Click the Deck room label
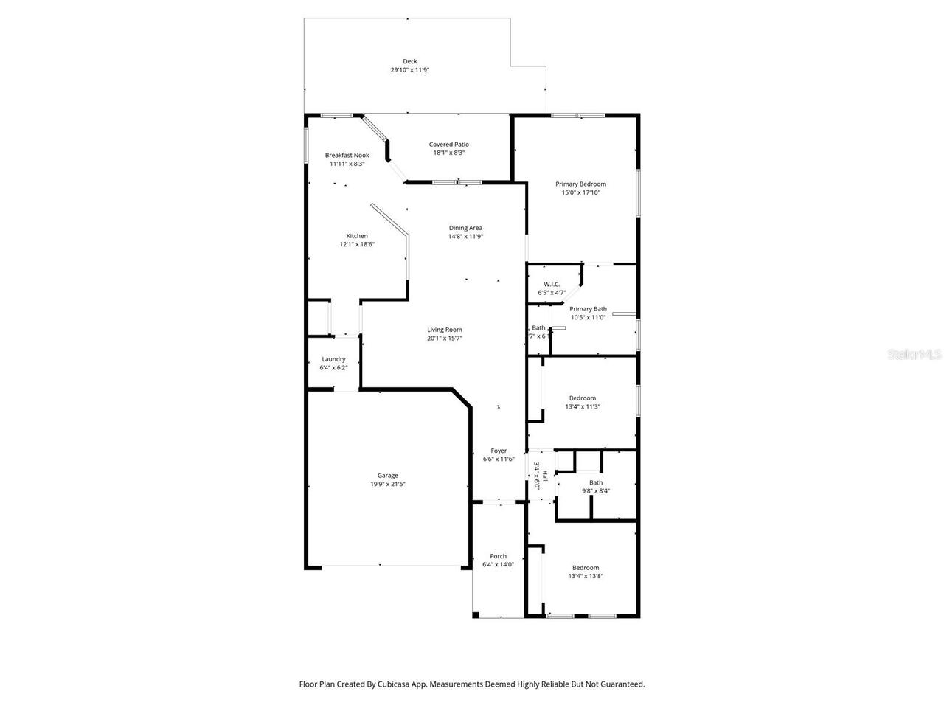409,61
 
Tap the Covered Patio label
448,145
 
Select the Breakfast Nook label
347,156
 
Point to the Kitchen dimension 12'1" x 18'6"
357,245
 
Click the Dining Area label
465,228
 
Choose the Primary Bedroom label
580,184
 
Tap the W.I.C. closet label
552,284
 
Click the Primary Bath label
588,309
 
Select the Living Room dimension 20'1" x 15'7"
445,339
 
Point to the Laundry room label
333,359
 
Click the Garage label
388,476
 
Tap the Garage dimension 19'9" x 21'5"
388,485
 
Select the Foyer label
499,451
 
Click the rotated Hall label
544,476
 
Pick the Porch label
498,556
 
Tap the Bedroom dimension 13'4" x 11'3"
582,406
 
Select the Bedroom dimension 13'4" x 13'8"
586,577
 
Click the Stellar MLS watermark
914,354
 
